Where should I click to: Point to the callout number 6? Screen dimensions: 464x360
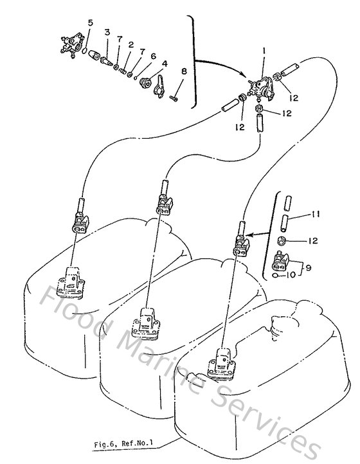pos(153,56)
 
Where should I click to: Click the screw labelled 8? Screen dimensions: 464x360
pos(175,97)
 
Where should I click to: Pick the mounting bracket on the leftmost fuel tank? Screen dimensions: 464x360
pos(71,283)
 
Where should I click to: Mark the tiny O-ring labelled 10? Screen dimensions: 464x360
pos(275,277)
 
